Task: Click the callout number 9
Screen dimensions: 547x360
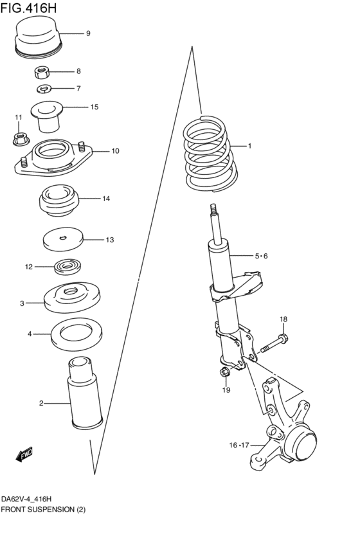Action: [x=88, y=33]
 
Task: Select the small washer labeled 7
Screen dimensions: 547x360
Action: [x=44, y=89]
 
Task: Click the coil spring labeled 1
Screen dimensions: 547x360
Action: [x=208, y=154]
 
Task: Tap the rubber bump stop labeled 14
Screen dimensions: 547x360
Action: [x=59, y=201]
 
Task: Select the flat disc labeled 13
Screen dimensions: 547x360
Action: [x=63, y=240]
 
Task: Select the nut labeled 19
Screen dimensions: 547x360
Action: [x=225, y=373]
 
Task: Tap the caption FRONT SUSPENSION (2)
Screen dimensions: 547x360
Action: [x=43, y=510]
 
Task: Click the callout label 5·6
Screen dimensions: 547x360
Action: [x=260, y=256]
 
